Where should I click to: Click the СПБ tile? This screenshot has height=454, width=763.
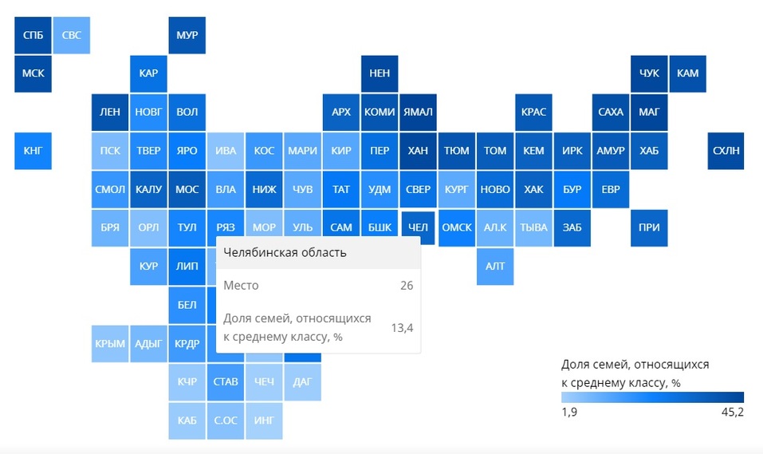pos(33,35)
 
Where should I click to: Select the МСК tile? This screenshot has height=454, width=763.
pos(33,73)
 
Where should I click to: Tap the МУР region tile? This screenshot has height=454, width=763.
pos(187,35)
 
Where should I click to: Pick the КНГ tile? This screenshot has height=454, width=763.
pos(33,151)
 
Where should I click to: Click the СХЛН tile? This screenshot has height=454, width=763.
pos(726,151)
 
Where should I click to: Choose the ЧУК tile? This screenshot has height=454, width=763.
pos(649,73)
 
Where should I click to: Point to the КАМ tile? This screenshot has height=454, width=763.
pos(687,73)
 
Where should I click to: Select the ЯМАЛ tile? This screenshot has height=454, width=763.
pos(418,112)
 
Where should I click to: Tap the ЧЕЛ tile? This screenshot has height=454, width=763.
pos(418,227)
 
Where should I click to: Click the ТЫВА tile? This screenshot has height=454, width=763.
pos(533,227)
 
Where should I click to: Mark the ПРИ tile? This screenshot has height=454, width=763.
pos(649,227)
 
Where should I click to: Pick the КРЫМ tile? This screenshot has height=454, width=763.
pos(110,344)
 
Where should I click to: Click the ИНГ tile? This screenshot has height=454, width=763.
pos(264,420)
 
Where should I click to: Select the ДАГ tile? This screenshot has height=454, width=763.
pos(302,382)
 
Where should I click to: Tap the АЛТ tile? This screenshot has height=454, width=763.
pos(495,266)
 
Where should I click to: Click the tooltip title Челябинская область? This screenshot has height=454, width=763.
pos(285,254)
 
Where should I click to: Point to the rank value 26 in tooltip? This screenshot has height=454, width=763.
pos(406,285)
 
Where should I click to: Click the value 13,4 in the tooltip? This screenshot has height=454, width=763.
pos(401,327)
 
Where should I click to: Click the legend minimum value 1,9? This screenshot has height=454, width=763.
pos(569,412)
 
